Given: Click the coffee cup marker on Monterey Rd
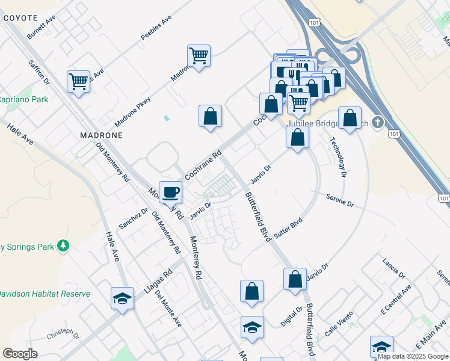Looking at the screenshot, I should pos(171,192).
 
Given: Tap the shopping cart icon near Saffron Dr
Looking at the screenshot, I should pos(79,82).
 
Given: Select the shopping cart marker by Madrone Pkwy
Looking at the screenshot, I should pos(199,55).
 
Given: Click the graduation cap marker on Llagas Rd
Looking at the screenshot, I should pos(122,298).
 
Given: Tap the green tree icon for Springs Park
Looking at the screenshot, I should pos(63,245).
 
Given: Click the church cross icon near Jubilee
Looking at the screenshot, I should pos(377,123).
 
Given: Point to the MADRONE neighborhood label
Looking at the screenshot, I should pos(101,136).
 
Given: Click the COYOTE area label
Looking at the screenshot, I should pos(20,18).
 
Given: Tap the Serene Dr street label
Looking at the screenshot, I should pos(340,200).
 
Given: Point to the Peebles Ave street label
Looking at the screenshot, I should pos(156,28).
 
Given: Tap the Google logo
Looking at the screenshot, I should pos(20,353).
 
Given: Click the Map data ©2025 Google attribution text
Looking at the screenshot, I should pos(413,356).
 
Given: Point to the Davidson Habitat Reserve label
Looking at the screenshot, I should pos(43,294).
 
